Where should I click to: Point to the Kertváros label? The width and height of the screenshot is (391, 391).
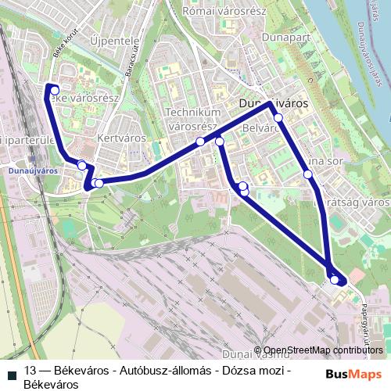point(117,137)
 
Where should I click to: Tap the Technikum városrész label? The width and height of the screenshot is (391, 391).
point(191,119)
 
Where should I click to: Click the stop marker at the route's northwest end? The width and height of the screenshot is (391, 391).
point(54,91)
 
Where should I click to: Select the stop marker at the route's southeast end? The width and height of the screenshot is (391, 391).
point(335,279)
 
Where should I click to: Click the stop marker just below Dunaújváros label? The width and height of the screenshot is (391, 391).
point(278,118)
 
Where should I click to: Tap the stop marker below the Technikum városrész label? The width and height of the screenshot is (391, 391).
point(201,142)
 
